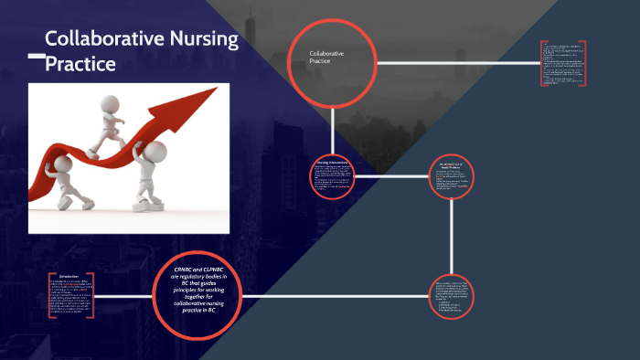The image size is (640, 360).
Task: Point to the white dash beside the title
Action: tap(36, 57)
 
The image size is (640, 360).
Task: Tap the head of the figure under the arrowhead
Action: tap(156, 152)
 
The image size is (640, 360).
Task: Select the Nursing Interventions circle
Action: tap(333, 175)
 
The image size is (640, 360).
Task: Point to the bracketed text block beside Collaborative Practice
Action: tap(562, 64)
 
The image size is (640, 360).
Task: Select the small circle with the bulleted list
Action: tap(454, 297)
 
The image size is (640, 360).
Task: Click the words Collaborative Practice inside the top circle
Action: tap(326, 58)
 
